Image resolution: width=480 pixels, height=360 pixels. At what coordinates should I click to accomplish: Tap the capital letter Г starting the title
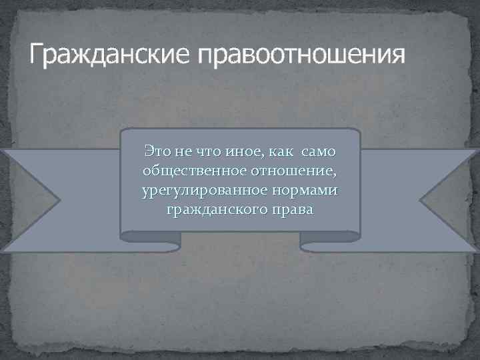(36, 53)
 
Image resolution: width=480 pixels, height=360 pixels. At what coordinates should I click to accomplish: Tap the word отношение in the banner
(296, 171)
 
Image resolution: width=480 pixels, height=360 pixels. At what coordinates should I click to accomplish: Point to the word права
(288, 210)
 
